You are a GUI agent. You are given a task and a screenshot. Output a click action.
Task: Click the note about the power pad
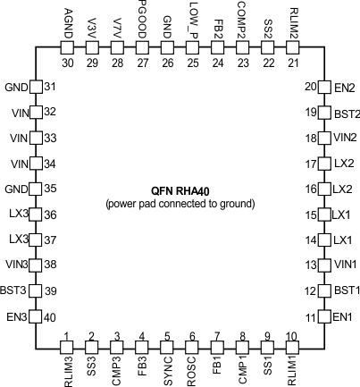[180, 204]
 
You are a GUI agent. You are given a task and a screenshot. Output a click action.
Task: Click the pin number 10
[291, 336]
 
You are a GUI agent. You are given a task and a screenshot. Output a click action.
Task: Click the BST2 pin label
[345, 113]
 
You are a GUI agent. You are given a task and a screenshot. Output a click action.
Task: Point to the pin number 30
[68, 63]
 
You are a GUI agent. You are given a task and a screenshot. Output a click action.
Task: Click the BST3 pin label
[15, 291]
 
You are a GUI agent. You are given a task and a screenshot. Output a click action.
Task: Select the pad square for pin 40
[37, 317]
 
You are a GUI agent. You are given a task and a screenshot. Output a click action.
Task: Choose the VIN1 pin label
[345, 266]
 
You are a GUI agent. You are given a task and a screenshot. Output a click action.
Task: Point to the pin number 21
[291, 63]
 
